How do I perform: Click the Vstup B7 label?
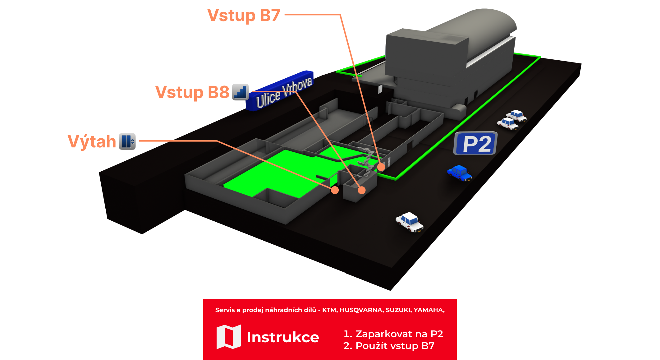[x=244, y=15]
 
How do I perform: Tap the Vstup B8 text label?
[x=192, y=92]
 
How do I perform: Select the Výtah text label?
[x=92, y=141]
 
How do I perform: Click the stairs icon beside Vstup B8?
[x=241, y=92]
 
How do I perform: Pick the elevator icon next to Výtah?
[x=127, y=141]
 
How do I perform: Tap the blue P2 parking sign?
[x=476, y=144]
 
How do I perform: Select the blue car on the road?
[x=460, y=173]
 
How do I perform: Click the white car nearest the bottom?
[x=410, y=222]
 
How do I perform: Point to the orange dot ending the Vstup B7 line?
[x=381, y=167]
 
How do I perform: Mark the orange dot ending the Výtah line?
[x=335, y=190]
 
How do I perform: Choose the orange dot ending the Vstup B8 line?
[x=361, y=190]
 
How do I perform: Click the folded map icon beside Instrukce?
[x=228, y=337]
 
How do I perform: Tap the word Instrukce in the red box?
[x=283, y=337]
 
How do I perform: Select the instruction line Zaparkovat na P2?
[x=393, y=334]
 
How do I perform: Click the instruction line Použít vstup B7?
[x=389, y=346]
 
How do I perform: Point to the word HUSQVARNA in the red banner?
[x=361, y=310]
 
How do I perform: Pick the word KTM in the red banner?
[x=329, y=310]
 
